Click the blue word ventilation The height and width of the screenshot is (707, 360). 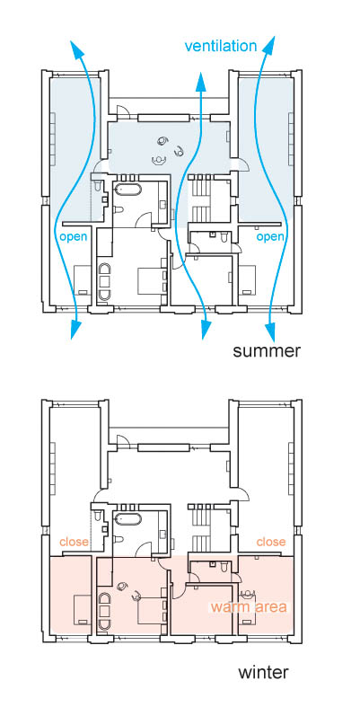point(221,46)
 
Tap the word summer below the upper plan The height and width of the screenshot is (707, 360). point(267,350)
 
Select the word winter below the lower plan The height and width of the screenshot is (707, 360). point(263,672)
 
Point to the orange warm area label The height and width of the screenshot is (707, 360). point(249,606)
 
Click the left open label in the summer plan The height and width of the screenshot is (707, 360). point(74,237)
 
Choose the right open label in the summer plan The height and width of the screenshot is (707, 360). point(270,237)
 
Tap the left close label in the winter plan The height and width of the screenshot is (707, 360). point(74,541)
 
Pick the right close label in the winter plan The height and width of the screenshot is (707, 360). point(271,541)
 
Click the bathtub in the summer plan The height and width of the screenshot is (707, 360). point(128,189)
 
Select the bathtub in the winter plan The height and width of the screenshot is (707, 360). point(128,518)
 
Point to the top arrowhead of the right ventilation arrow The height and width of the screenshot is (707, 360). point(270,46)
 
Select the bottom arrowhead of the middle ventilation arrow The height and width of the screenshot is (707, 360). point(206,331)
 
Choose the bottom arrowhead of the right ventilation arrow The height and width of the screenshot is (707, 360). point(270,332)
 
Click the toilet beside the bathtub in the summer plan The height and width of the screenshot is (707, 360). point(118,210)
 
